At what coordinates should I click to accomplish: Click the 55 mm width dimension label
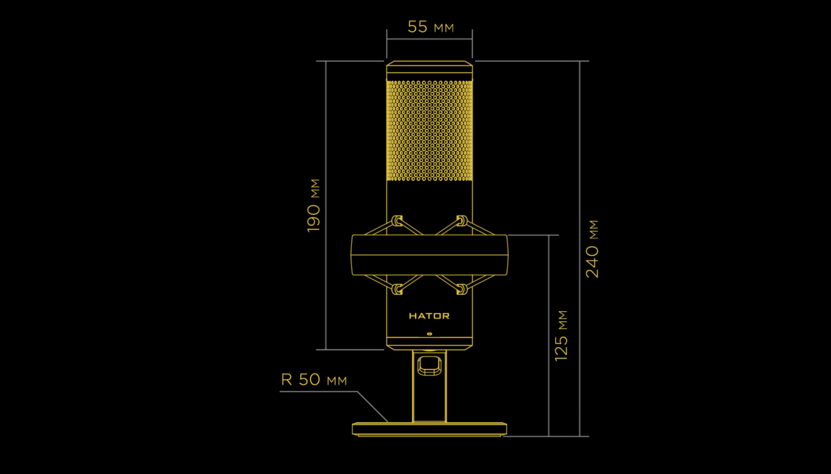point(430,27)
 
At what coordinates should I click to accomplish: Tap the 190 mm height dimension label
point(314,205)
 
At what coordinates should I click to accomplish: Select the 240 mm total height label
point(592,249)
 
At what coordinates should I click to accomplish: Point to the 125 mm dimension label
point(562,336)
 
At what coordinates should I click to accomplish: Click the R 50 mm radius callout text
point(314,380)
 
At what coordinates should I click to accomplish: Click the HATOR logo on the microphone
point(429,316)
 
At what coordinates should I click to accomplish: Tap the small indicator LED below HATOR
point(429,334)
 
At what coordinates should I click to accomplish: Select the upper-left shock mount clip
point(397,221)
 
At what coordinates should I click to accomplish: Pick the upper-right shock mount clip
point(462,221)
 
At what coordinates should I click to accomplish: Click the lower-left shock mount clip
point(397,289)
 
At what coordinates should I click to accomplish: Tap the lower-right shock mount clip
point(462,289)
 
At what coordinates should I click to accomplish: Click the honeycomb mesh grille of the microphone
point(429,130)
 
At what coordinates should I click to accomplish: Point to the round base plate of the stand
point(429,429)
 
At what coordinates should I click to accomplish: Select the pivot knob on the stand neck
point(429,366)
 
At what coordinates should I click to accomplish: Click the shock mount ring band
point(429,255)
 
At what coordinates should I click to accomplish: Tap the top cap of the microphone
point(429,68)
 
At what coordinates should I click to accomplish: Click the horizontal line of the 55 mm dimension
point(429,39)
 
